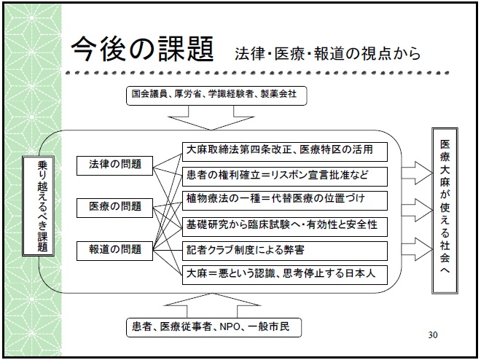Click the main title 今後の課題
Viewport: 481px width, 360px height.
(x=142, y=49)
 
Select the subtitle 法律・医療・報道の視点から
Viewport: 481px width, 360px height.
(x=327, y=53)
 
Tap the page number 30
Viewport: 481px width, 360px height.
(x=432, y=334)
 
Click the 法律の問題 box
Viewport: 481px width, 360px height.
(x=114, y=165)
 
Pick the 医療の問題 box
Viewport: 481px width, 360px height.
(x=114, y=208)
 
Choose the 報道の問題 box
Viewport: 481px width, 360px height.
(x=114, y=251)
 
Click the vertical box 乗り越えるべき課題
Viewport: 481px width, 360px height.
(x=39, y=206)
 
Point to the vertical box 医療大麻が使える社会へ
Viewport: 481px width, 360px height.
(x=445, y=211)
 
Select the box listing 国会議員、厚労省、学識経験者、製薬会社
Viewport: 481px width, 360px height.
(x=216, y=95)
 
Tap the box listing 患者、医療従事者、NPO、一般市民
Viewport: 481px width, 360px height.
(x=214, y=327)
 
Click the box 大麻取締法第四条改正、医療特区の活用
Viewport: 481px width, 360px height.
(x=285, y=152)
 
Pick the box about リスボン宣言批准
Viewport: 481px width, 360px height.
(x=285, y=176)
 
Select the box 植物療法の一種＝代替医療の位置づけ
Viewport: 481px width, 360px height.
(x=285, y=200)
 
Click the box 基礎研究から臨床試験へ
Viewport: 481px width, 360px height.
(x=285, y=227)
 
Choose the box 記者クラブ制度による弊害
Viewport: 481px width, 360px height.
(x=285, y=251)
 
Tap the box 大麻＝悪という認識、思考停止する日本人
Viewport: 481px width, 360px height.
(x=285, y=275)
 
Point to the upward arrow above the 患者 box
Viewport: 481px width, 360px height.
(x=212, y=305)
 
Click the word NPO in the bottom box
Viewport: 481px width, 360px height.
(x=230, y=327)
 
